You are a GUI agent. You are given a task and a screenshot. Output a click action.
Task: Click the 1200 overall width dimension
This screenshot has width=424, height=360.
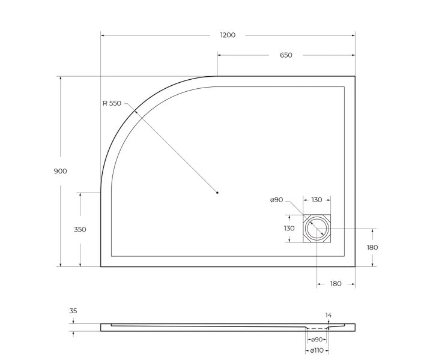(228, 35)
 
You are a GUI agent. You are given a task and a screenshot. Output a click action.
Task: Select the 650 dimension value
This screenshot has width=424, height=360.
(286, 55)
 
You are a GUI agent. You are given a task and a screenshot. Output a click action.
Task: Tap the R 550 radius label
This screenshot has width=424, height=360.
(112, 103)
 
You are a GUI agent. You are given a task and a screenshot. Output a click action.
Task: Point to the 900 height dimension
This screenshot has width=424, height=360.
(60, 171)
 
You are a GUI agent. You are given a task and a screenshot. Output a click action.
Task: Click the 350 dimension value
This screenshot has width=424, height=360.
(80, 229)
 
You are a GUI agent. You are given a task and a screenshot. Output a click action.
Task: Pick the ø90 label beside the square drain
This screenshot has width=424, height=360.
(276, 200)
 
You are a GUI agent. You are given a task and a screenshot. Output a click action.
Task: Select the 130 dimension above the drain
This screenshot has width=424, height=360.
(316, 200)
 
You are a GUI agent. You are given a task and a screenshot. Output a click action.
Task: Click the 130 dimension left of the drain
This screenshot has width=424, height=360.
(289, 229)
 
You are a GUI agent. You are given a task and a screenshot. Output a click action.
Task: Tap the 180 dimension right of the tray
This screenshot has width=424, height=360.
(372, 247)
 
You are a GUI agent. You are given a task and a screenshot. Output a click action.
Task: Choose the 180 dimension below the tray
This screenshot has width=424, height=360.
(335, 283)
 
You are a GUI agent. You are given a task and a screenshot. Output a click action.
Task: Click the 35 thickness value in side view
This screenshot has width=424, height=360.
(73, 311)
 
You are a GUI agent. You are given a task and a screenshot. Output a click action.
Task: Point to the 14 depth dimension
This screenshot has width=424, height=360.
(329, 315)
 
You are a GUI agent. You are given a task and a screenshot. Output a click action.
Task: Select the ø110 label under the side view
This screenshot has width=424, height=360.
(317, 349)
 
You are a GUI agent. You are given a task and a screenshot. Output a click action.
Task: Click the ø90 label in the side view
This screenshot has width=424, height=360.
(317, 340)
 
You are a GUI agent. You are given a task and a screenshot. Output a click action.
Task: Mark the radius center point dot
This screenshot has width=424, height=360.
(217, 193)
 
